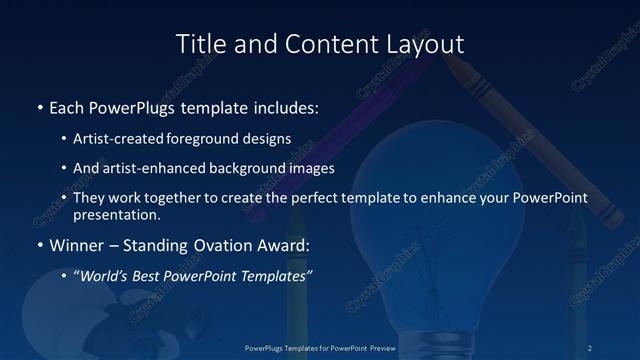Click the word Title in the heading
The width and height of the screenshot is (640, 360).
(x=200, y=44)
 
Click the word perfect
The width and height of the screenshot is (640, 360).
(x=311, y=198)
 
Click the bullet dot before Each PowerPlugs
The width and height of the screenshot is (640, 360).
(x=38, y=105)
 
